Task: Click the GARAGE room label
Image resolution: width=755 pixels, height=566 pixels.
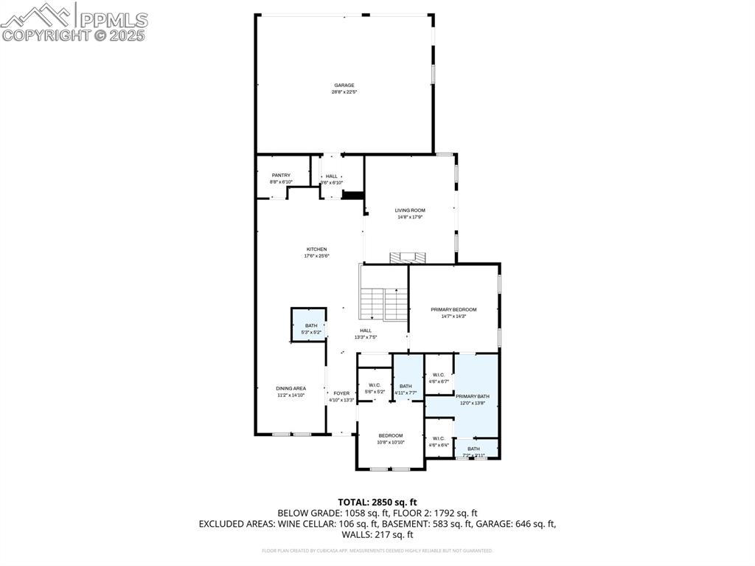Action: [344, 86]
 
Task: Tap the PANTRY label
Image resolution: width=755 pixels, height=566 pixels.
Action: [281, 176]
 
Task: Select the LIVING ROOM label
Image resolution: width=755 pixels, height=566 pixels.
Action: [410, 210]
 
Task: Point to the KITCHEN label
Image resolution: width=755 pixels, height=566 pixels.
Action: [316, 249]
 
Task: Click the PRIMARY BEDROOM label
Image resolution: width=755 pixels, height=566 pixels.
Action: [453, 309]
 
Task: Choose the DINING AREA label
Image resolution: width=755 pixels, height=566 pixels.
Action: [290, 388]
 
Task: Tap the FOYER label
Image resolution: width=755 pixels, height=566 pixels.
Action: [341, 393]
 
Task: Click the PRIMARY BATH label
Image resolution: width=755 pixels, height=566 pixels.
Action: [472, 396]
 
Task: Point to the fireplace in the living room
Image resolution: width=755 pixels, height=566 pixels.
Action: [408, 257]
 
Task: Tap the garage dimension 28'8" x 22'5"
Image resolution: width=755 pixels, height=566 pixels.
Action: [344, 92]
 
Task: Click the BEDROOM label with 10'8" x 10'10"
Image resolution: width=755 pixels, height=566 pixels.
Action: [391, 435]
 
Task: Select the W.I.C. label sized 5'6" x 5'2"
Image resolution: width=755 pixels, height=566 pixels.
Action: [375, 384]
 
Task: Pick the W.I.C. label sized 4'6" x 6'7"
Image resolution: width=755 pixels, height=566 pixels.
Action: [438, 375]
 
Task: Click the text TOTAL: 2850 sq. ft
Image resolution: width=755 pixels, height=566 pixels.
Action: [377, 502]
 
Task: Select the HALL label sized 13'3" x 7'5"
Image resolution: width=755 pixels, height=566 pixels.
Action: [366, 331]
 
